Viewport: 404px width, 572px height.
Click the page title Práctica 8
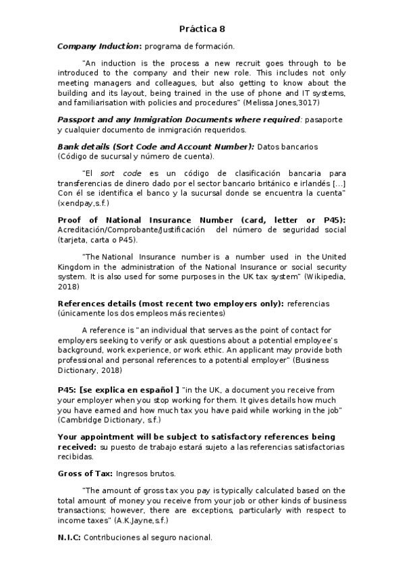(x=202, y=29)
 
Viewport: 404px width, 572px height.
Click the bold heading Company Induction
(x=99, y=46)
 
